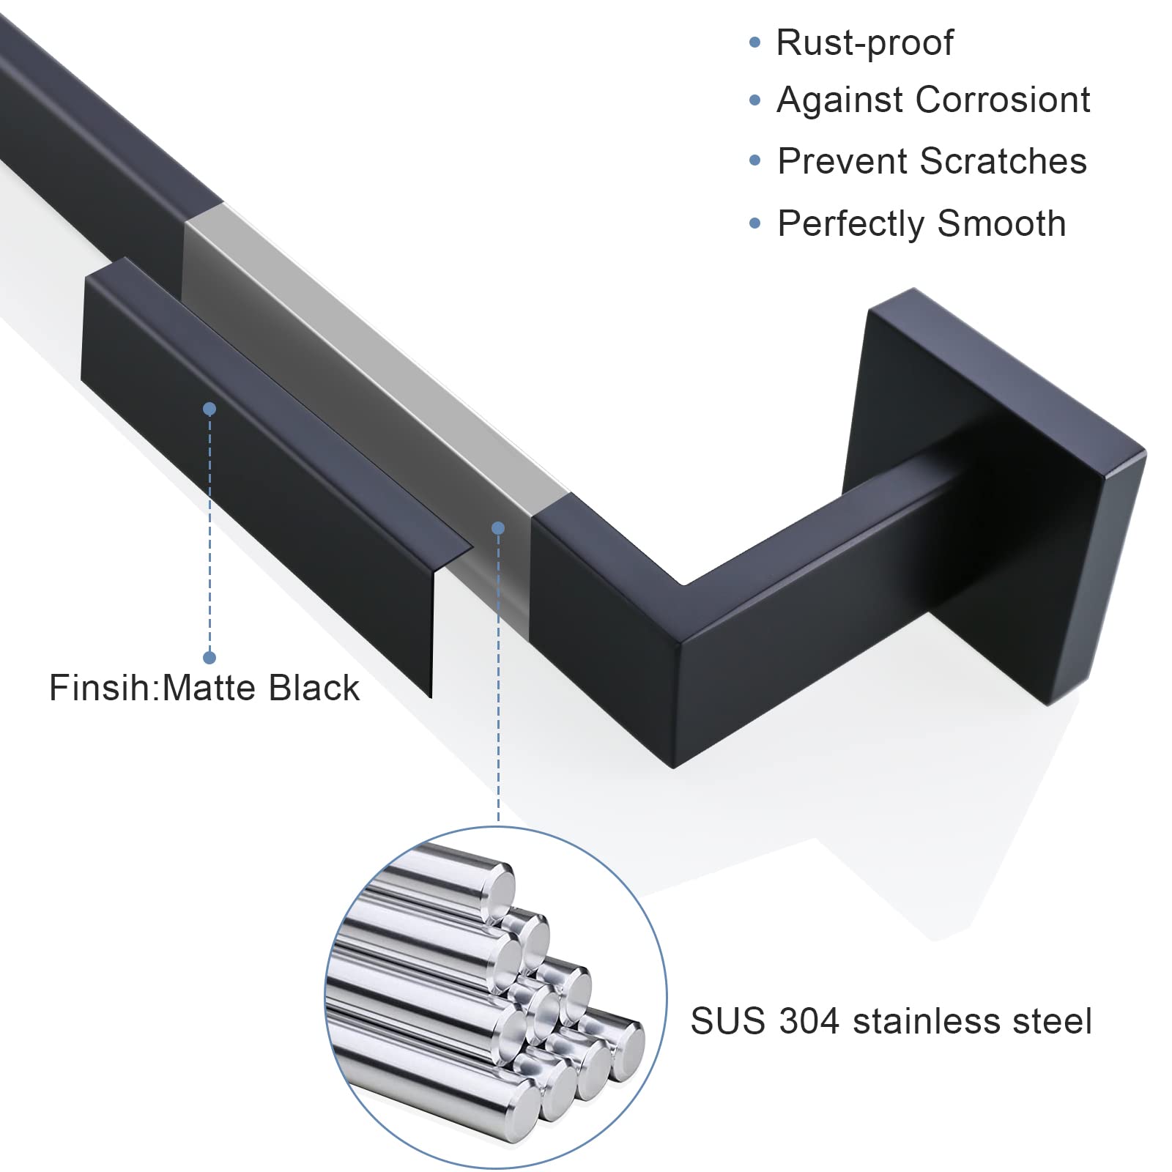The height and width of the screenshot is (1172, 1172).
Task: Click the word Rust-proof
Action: coord(864,42)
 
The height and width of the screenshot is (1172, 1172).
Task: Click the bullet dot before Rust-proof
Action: coord(755,42)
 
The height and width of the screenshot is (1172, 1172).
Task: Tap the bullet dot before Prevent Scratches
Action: coord(755,161)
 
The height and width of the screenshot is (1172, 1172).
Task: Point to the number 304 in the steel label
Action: coord(809,1021)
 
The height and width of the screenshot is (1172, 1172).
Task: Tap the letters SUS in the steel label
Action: coord(727,1021)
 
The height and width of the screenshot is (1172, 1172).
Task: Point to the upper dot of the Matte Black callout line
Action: coord(209,409)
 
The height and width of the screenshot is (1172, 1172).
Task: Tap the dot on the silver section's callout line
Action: coord(498,527)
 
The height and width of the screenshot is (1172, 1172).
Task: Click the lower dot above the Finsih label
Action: coord(209,658)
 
